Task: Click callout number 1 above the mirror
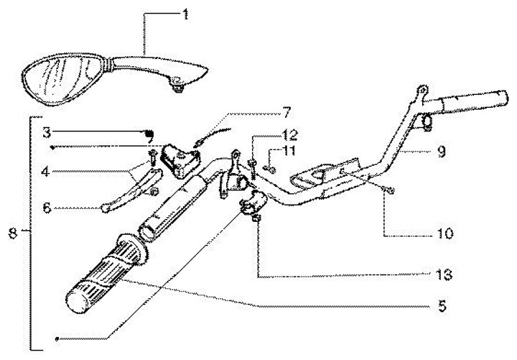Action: point(186,14)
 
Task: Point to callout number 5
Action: point(444,306)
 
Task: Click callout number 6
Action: point(45,208)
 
